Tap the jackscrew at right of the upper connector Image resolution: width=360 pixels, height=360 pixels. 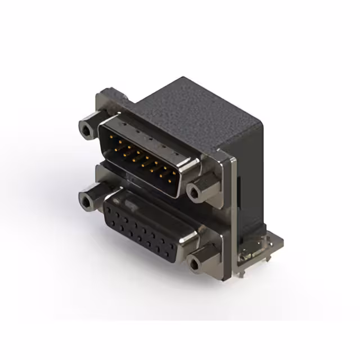(198, 191)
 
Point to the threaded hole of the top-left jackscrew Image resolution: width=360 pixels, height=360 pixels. (86, 131)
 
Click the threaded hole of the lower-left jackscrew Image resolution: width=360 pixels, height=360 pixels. (87, 201)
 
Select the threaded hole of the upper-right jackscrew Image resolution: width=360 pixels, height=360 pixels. (194, 193)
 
